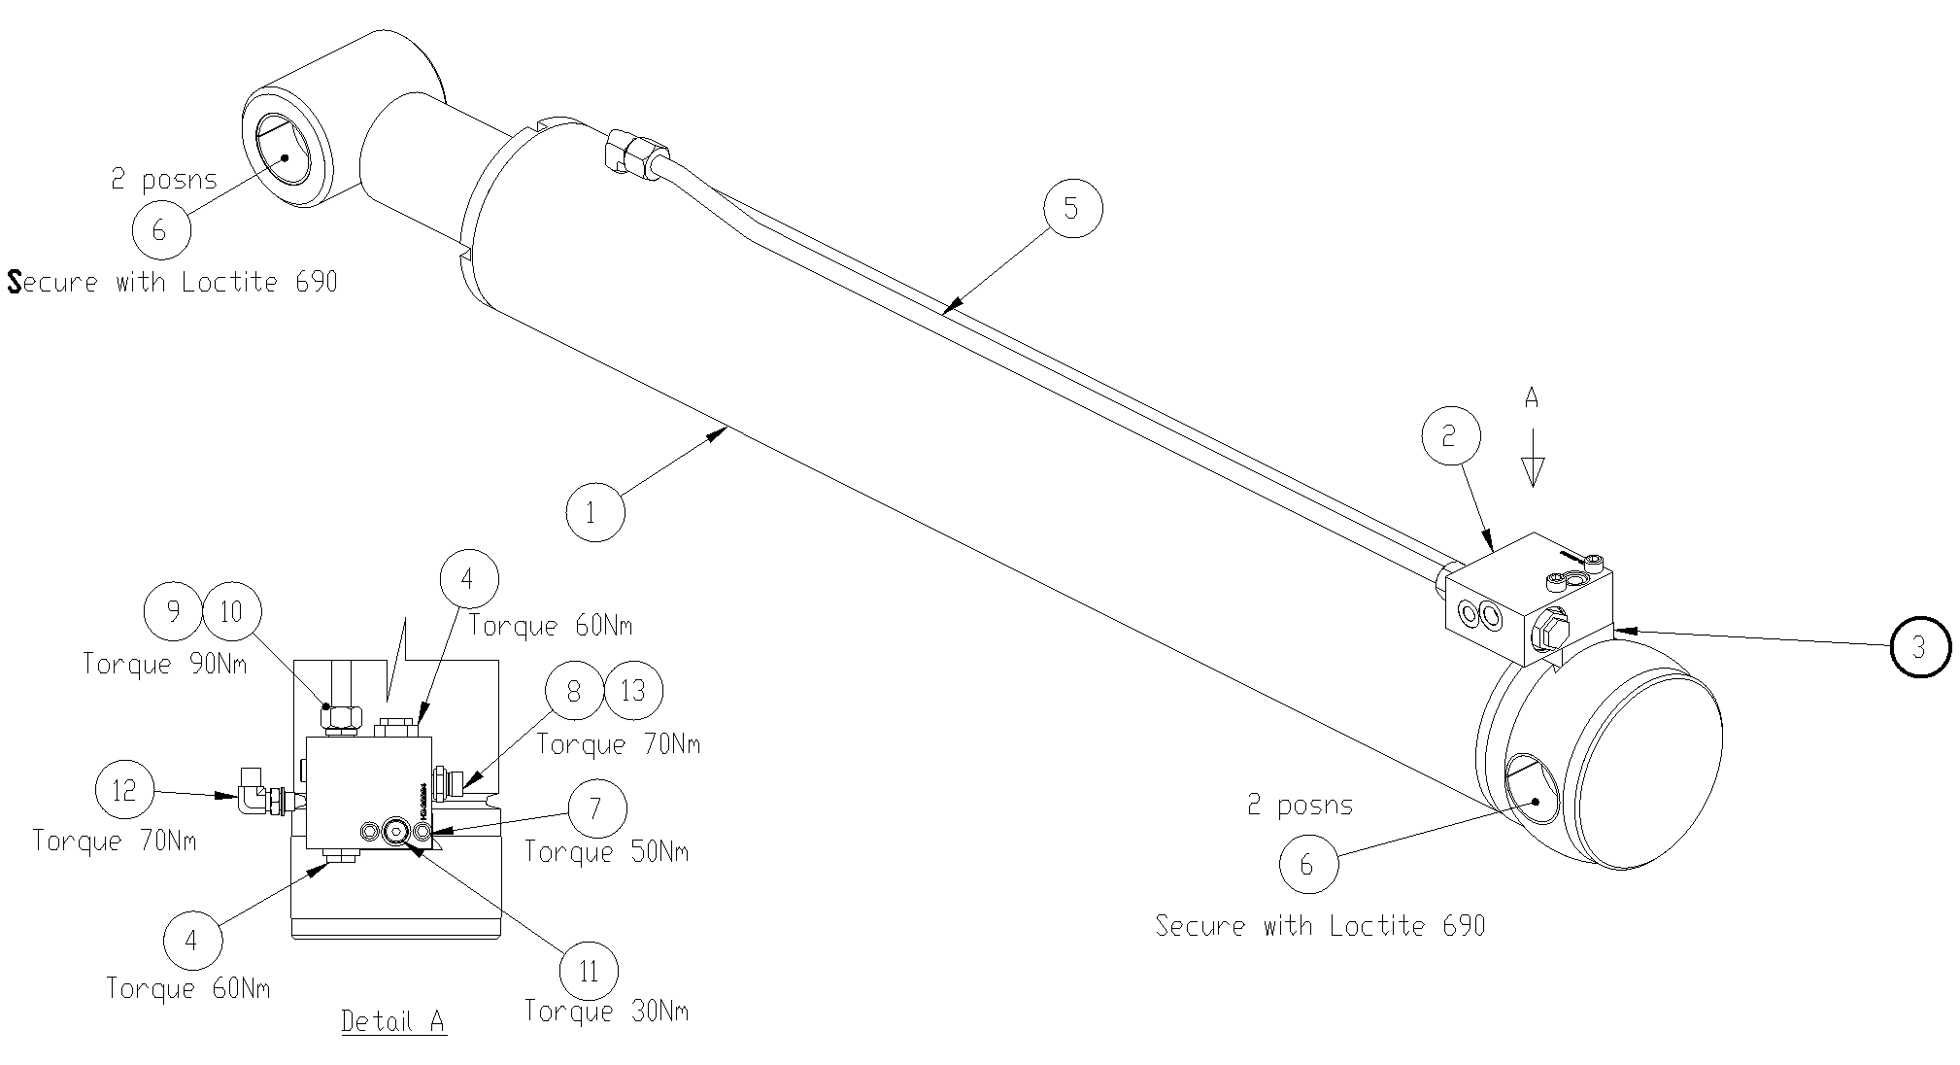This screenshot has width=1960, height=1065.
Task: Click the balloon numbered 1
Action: point(594,512)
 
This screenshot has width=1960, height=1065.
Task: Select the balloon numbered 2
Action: point(1450,436)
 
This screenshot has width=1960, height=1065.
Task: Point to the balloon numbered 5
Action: point(1072,208)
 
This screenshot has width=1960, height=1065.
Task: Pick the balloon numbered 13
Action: point(633,691)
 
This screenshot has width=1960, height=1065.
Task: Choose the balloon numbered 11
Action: point(590,971)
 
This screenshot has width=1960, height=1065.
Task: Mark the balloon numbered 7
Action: point(595,807)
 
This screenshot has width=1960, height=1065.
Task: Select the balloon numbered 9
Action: point(173,611)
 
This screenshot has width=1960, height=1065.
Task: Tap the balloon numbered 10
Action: point(231,611)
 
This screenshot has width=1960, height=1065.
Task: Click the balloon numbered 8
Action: point(574,691)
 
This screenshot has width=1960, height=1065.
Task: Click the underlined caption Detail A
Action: point(393,1021)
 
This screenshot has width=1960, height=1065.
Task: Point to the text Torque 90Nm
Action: point(164,664)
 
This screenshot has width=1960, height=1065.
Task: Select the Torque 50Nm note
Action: point(606,852)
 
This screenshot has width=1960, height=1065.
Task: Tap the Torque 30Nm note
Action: point(606,1012)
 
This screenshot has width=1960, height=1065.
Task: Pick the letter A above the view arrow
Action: point(1532,397)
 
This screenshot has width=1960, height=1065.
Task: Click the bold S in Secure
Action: point(15,282)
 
